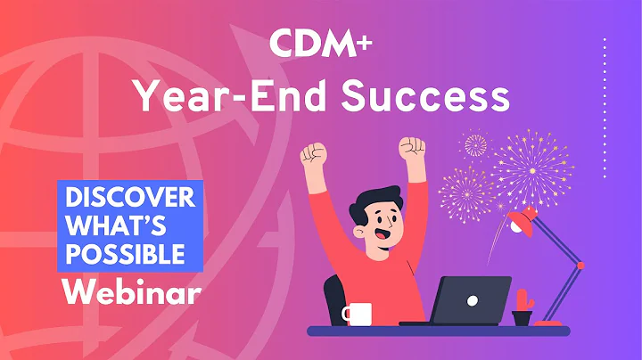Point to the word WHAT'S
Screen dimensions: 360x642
(x=111, y=225)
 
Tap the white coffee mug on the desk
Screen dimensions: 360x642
(x=357, y=314)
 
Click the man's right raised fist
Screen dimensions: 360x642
(x=411, y=148)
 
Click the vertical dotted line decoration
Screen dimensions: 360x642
(x=605, y=107)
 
